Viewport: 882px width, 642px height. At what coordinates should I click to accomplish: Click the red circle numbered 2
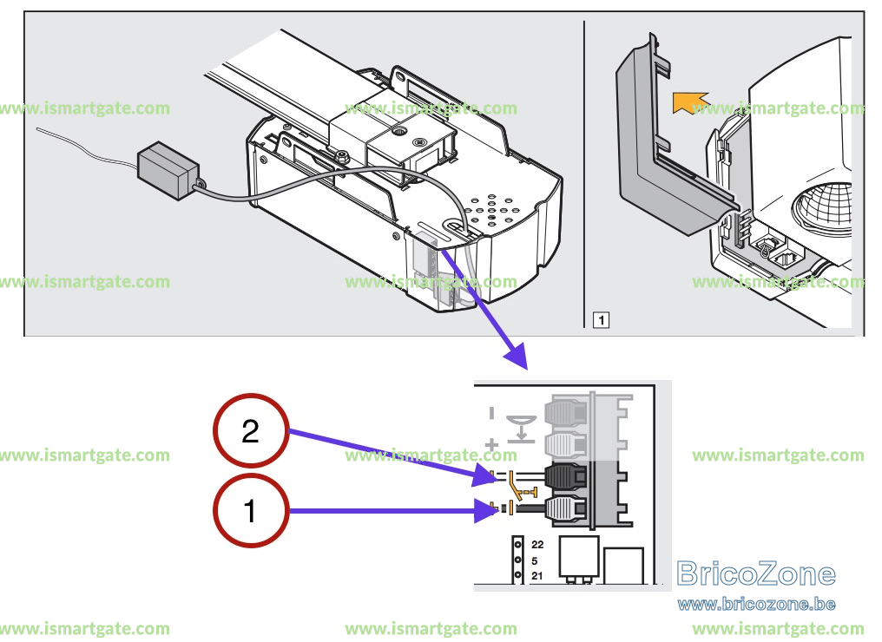(x=251, y=430)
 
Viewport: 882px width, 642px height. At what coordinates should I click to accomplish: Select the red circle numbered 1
(x=251, y=510)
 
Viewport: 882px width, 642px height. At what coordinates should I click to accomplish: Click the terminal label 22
(x=537, y=544)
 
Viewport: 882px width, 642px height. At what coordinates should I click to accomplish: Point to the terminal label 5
(x=535, y=560)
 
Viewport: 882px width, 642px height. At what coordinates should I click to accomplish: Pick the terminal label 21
(x=537, y=576)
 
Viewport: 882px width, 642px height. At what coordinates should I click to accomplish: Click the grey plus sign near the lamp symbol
(x=491, y=445)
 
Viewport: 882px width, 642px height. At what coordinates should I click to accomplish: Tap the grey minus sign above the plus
(x=491, y=414)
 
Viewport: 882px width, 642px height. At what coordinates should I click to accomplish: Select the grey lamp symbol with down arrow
(x=521, y=429)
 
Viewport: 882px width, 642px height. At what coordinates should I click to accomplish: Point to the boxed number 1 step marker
(x=602, y=320)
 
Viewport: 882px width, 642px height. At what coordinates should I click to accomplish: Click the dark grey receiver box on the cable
(x=168, y=170)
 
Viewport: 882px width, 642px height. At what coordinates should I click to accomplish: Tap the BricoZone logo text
(x=756, y=573)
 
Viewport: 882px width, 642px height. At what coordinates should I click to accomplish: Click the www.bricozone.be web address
(x=756, y=605)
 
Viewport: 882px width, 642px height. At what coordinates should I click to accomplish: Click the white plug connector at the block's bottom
(x=567, y=509)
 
